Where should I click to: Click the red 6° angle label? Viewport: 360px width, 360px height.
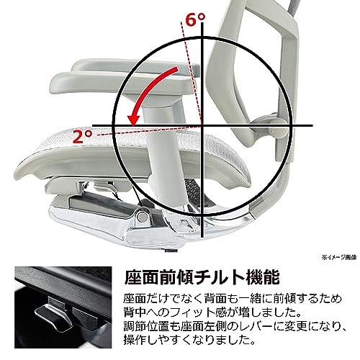pos(196,19)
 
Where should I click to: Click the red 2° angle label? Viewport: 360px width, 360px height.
pos(83,136)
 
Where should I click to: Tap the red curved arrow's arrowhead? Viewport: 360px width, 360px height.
pos(134,120)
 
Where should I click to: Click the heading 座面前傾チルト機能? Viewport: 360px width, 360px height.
pos(202,278)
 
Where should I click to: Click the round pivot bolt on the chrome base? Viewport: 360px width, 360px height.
pos(143,217)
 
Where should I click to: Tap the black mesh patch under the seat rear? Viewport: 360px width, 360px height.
pos(192,192)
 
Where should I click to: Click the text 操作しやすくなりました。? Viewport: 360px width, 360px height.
pos(189,340)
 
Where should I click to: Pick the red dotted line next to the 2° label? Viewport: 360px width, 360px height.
pos(149,131)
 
